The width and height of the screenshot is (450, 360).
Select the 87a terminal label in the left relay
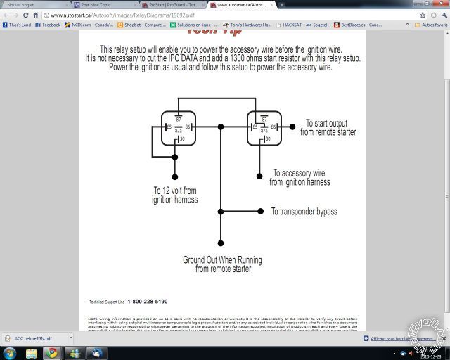[179, 131]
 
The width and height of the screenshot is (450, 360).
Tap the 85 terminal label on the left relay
[169, 127]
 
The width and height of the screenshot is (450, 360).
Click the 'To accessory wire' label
[299, 173]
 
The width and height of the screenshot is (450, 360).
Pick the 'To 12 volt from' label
[175, 191]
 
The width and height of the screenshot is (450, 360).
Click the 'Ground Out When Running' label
[222, 260]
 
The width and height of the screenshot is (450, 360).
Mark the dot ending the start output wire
[294, 127]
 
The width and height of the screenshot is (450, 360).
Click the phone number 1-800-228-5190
[148, 302]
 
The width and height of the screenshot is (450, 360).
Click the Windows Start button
[10, 352]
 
